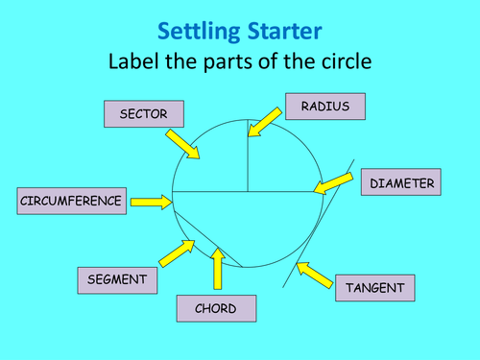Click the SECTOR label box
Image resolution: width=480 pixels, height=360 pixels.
tap(144, 114)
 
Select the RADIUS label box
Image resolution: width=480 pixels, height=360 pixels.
tap(325, 106)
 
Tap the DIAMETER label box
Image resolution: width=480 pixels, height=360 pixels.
tap(401, 182)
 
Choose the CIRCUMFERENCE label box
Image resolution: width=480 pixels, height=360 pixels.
tap(71, 201)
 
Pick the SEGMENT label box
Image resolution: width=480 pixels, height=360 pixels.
tap(116, 279)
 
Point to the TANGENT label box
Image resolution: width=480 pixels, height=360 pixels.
tap(375, 287)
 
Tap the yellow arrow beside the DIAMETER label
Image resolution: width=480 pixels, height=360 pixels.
tap(333, 182)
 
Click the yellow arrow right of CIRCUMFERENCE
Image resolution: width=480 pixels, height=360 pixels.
tap(151, 202)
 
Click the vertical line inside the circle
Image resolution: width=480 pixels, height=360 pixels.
tap(249, 154)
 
